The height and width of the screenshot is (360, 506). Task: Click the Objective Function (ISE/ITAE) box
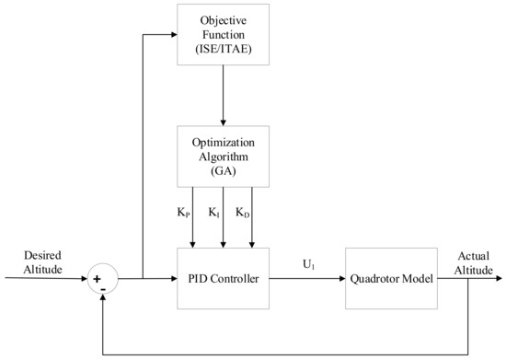[x=223, y=34]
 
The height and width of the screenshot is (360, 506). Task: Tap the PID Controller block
[x=223, y=277]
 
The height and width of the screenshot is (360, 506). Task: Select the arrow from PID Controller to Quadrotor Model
[x=307, y=277]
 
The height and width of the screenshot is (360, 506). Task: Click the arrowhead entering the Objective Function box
[x=173, y=35]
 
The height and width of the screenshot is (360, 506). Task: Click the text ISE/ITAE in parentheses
[x=223, y=48]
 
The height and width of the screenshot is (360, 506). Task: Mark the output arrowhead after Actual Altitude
[x=498, y=277]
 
